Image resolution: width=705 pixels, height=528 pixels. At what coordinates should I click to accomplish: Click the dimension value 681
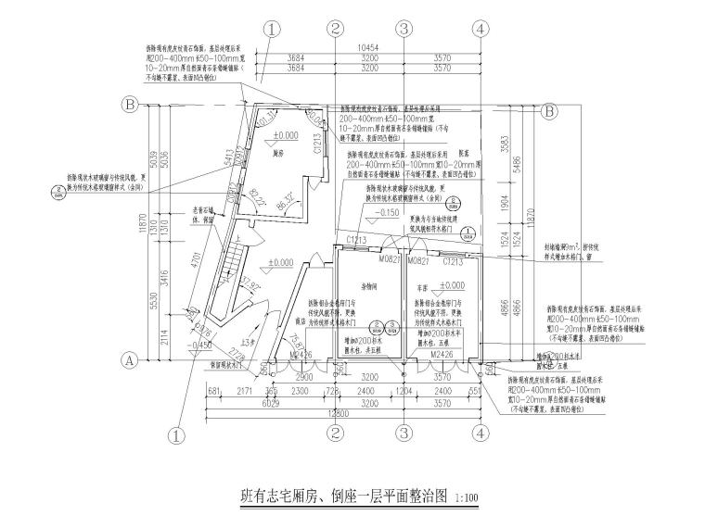coord(212,392)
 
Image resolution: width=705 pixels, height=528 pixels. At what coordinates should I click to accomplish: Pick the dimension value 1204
coord(404,392)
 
